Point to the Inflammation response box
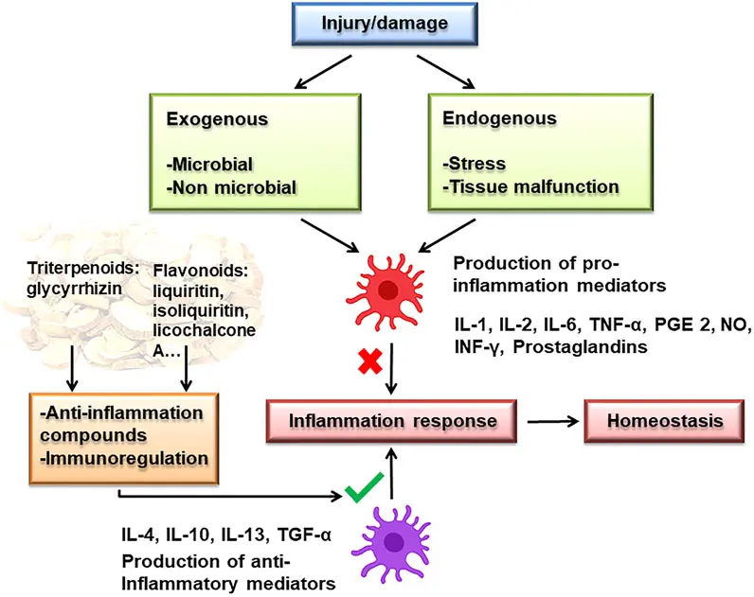(x=392, y=420)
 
